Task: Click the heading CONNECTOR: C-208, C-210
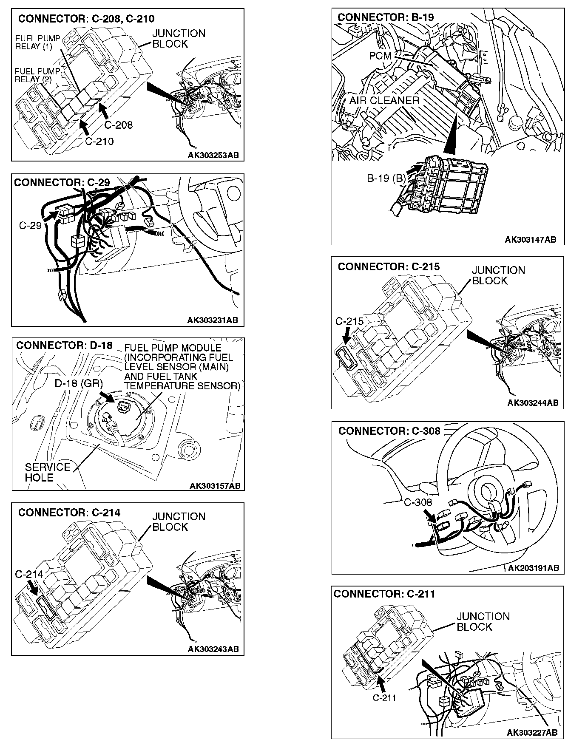point(86,19)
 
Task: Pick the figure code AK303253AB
point(213,155)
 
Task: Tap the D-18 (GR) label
point(79,383)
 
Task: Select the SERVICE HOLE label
point(47,472)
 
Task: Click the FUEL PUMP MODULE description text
point(182,367)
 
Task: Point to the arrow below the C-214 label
point(32,588)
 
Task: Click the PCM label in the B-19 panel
point(380,56)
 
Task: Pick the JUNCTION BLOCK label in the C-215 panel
point(498,275)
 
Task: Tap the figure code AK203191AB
point(534,568)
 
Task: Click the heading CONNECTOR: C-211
point(384,594)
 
